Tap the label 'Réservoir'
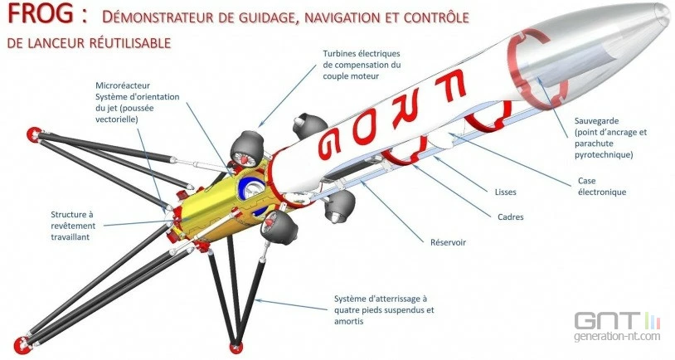tap(448, 242)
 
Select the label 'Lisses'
tap(505, 192)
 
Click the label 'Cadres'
tap(511, 217)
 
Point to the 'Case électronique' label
tap(602, 187)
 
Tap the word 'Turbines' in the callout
tap(339, 54)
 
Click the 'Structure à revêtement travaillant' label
tap(73, 226)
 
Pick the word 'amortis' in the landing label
tap(348, 322)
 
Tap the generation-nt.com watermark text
tap(617, 336)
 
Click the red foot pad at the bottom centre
tap(236, 346)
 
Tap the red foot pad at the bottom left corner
tap(22, 344)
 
